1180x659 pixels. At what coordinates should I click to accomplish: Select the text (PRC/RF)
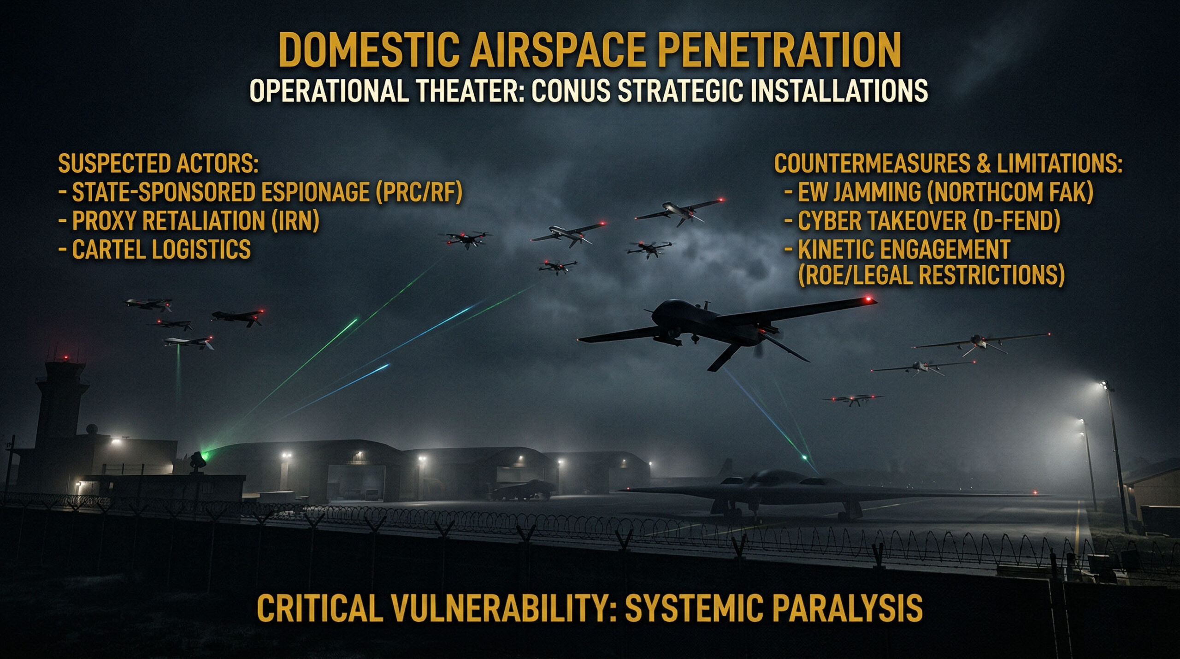(x=419, y=192)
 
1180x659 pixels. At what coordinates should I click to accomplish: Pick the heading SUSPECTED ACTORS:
(x=158, y=163)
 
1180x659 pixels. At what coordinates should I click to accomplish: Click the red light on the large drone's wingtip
(x=868, y=300)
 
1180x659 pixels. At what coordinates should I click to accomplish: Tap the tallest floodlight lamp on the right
(x=1103, y=385)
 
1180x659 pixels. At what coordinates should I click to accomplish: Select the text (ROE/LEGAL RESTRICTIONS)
(x=931, y=275)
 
